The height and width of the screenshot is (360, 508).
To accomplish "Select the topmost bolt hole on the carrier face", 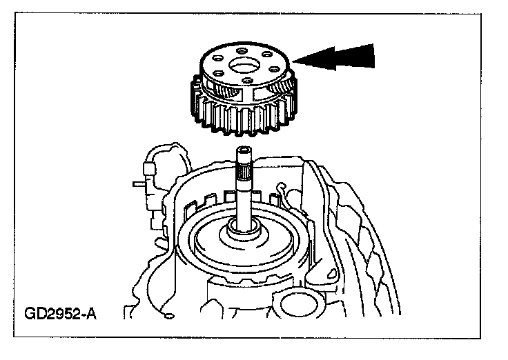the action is coord(241,50).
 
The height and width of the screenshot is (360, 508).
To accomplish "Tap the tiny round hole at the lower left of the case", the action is coord(168,315).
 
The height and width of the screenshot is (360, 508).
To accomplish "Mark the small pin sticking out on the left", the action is coord(137,183).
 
